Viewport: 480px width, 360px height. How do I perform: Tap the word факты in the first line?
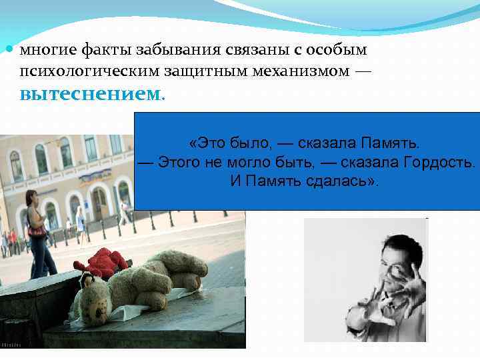click(106, 51)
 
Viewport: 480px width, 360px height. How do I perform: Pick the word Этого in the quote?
click(175, 162)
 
